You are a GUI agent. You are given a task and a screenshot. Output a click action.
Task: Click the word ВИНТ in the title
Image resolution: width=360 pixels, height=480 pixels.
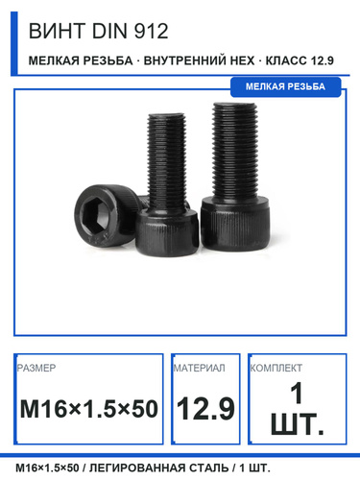(57, 32)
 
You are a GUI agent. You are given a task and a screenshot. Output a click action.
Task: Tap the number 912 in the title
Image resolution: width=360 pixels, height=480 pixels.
(151, 32)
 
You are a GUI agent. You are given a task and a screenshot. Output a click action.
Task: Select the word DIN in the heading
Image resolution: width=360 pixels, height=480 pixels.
(109, 32)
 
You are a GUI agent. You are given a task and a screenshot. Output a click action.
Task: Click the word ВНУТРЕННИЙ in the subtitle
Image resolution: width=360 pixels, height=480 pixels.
(199, 60)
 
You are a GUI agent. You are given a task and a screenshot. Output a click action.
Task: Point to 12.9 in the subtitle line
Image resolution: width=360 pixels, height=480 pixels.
(321, 60)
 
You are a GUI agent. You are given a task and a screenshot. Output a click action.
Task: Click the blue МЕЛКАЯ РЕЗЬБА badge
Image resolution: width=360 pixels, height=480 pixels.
(285, 86)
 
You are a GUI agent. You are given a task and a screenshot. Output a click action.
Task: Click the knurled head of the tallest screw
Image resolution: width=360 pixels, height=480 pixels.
(236, 223)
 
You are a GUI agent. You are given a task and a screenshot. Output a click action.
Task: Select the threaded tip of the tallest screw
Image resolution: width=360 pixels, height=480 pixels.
(235, 108)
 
